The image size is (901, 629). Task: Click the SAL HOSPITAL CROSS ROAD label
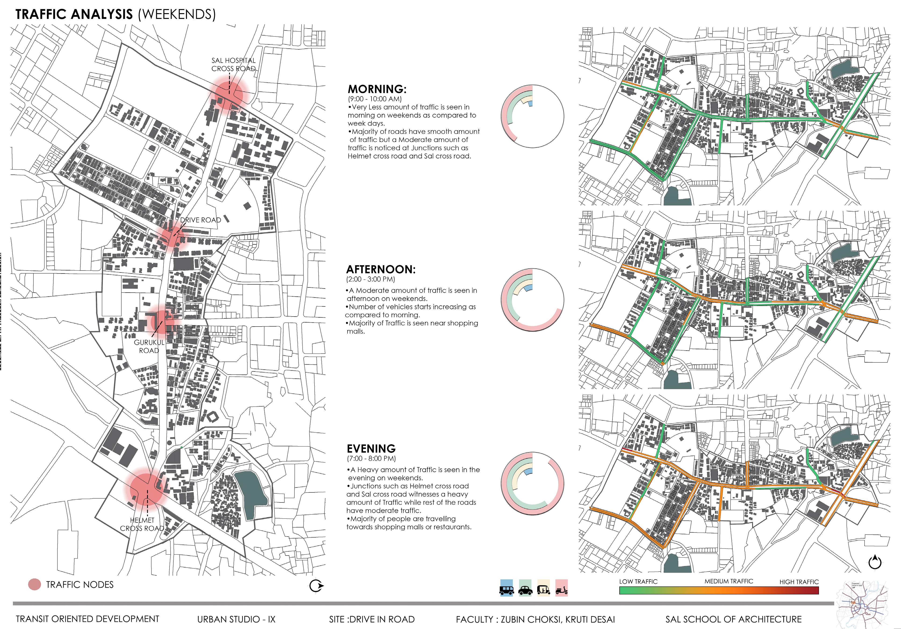click(234, 64)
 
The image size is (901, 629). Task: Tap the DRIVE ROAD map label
click(201, 220)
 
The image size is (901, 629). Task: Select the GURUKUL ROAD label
click(149, 346)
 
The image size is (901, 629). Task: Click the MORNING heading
click(377, 89)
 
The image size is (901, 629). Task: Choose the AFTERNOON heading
click(380, 269)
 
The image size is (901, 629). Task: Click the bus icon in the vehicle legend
click(506, 588)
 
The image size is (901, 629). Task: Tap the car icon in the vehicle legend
click(525, 588)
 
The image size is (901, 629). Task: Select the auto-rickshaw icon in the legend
click(544, 588)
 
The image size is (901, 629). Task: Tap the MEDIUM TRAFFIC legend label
click(729, 581)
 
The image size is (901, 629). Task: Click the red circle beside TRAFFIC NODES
click(35, 585)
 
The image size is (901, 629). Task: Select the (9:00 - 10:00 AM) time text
click(375, 99)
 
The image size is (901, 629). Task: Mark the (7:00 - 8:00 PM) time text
click(371, 458)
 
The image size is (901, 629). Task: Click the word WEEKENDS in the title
click(177, 15)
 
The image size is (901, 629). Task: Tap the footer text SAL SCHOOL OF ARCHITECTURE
click(733, 619)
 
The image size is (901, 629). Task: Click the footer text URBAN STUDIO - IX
click(236, 619)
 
